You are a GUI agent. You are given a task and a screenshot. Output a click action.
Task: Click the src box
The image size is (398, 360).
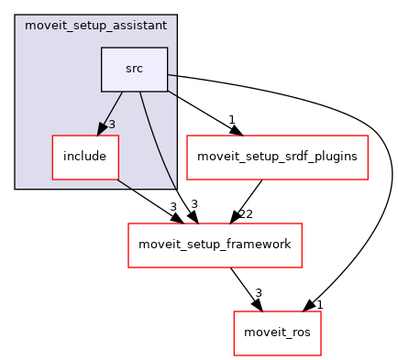(x=134, y=70)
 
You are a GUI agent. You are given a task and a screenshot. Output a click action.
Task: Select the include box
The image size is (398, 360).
(x=85, y=156)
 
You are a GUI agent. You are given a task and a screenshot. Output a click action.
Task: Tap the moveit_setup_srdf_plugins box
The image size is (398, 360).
(x=277, y=156)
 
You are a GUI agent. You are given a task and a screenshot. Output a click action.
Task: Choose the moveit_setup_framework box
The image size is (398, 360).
(x=215, y=245)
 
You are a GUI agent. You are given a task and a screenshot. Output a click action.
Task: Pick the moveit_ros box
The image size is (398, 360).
(x=277, y=331)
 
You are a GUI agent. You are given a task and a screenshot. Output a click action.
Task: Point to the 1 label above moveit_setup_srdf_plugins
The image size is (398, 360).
(x=232, y=119)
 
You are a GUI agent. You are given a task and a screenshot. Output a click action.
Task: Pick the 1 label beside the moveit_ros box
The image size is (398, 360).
(x=320, y=303)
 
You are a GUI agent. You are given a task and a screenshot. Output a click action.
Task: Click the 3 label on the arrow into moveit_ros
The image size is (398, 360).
(x=259, y=293)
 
